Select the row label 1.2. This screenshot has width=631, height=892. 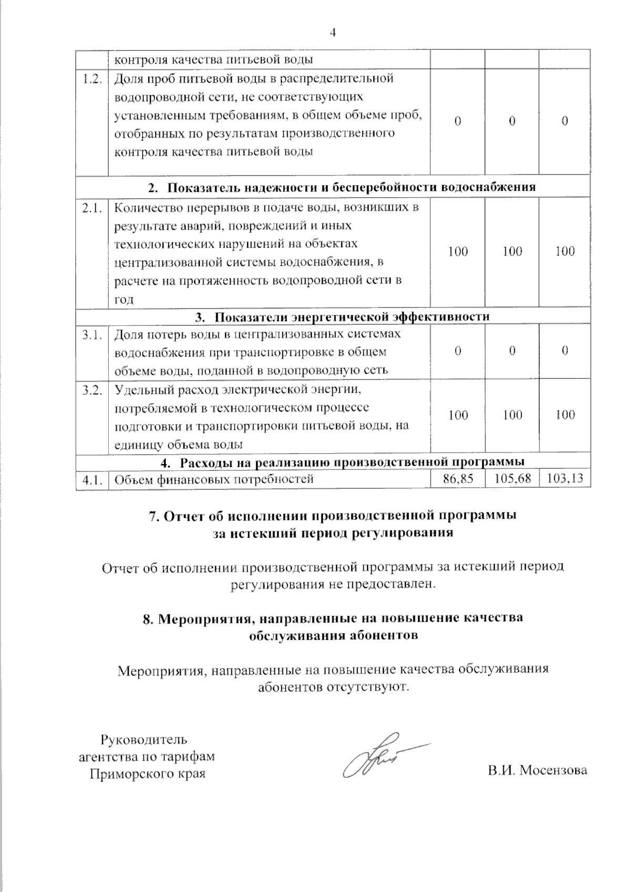(x=92, y=79)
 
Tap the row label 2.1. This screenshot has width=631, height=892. (x=92, y=208)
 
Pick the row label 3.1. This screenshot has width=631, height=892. (x=92, y=334)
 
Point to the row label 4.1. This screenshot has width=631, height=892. (x=92, y=479)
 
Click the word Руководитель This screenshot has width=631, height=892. (x=144, y=740)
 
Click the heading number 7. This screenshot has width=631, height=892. (x=154, y=516)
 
